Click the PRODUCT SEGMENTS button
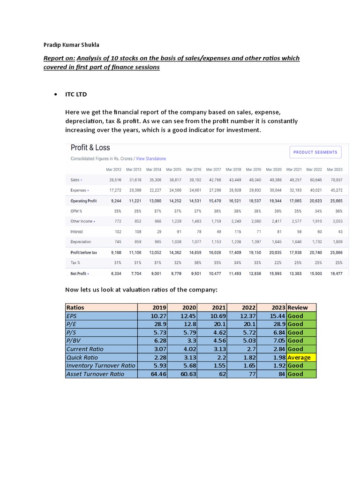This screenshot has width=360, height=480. (x=315, y=152)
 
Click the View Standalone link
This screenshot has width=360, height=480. (x=151, y=159)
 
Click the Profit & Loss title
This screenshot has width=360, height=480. (x=90, y=148)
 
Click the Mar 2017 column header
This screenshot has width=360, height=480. (x=213, y=169)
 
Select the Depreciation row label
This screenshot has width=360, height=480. (x=81, y=242)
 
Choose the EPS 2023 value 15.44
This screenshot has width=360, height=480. (x=277, y=315)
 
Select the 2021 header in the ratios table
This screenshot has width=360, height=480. (x=218, y=307)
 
